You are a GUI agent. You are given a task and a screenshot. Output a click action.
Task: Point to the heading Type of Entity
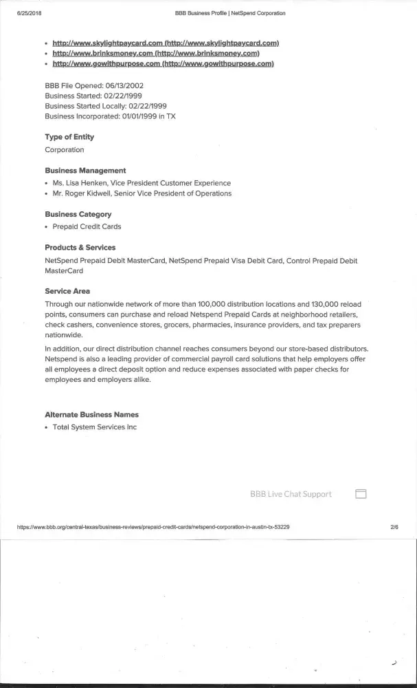(69, 137)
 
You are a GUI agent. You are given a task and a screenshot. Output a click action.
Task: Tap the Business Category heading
(78, 215)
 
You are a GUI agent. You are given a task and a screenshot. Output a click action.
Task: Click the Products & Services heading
(80, 248)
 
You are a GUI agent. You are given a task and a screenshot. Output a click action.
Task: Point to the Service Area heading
(67, 292)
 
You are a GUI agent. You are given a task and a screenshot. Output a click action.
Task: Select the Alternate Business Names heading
(91, 415)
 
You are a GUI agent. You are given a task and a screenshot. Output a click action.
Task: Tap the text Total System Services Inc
(95, 427)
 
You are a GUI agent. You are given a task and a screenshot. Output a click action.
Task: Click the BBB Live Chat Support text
(291, 494)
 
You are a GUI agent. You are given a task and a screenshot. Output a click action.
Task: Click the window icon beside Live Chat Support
(361, 494)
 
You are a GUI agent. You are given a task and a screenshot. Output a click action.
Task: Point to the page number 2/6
(394, 528)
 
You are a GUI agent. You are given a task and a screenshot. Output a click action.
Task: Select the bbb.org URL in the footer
(153, 528)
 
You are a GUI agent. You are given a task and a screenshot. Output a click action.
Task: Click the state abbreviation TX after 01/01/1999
(171, 116)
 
